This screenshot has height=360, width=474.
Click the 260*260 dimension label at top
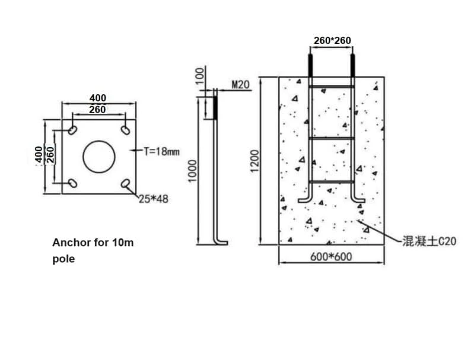click(332, 41)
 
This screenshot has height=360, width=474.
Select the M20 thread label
click(240, 85)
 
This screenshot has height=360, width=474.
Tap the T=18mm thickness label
click(161, 151)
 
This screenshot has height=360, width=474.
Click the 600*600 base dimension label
click(332, 257)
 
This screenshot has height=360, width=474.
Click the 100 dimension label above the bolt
click(201, 74)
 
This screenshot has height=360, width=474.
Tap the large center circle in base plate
click(99, 157)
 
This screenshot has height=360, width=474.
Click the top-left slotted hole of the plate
click(72, 130)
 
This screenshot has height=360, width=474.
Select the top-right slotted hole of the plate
click(126, 130)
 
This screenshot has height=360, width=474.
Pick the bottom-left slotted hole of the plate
click(72, 183)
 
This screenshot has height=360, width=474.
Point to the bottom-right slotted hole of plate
click(126, 184)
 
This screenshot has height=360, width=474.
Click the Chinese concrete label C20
click(429, 242)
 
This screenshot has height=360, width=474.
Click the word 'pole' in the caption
click(63, 259)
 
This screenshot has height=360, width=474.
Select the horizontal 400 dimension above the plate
click(98, 98)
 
